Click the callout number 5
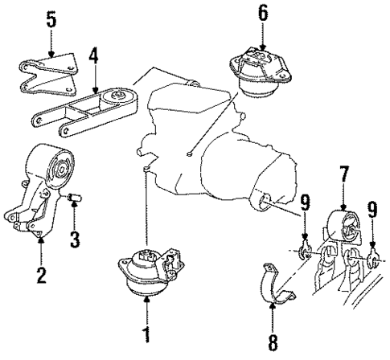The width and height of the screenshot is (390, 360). click(51, 18)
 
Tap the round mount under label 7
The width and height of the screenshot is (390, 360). click(346, 229)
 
